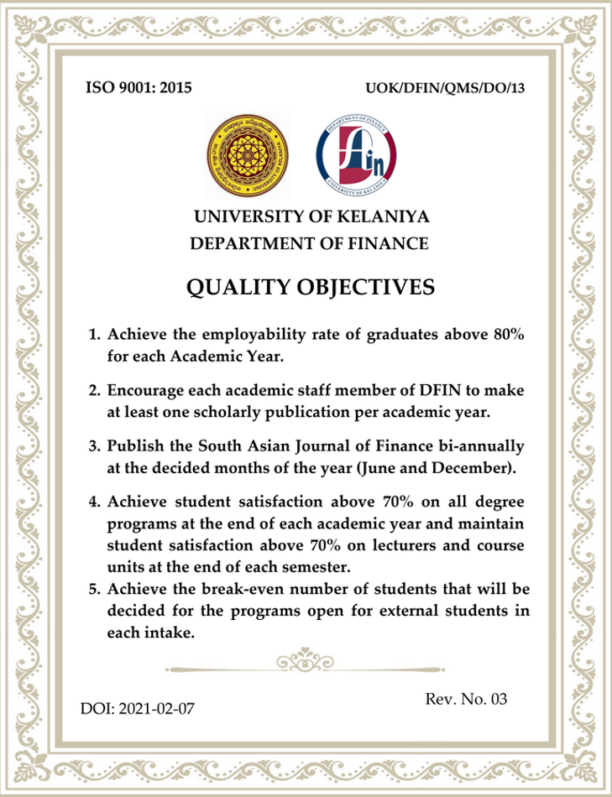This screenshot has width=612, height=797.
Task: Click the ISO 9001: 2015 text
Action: pyautogui.click(x=139, y=86)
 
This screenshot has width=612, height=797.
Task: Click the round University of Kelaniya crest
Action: pyautogui.click(x=247, y=152)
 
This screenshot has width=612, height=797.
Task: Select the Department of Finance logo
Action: pyautogui.click(x=356, y=152)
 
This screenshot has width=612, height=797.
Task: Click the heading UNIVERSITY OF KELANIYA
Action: pyautogui.click(x=311, y=216)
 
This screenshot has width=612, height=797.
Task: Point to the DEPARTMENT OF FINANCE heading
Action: pyautogui.click(x=310, y=244)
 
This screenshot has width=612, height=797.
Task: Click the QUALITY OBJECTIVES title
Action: pyautogui.click(x=310, y=288)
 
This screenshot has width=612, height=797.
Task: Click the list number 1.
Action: pyautogui.click(x=95, y=336)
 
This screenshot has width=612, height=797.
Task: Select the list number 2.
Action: pyautogui.click(x=95, y=391)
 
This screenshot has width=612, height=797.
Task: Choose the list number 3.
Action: pyautogui.click(x=95, y=445)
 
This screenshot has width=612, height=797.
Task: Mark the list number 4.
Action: pyautogui.click(x=95, y=502)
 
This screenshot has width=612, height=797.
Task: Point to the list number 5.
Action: pyautogui.click(x=95, y=589)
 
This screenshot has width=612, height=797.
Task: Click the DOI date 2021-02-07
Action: pyautogui.click(x=157, y=709)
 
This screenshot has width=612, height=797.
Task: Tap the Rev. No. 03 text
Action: pyautogui.click(x=467, y=699)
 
